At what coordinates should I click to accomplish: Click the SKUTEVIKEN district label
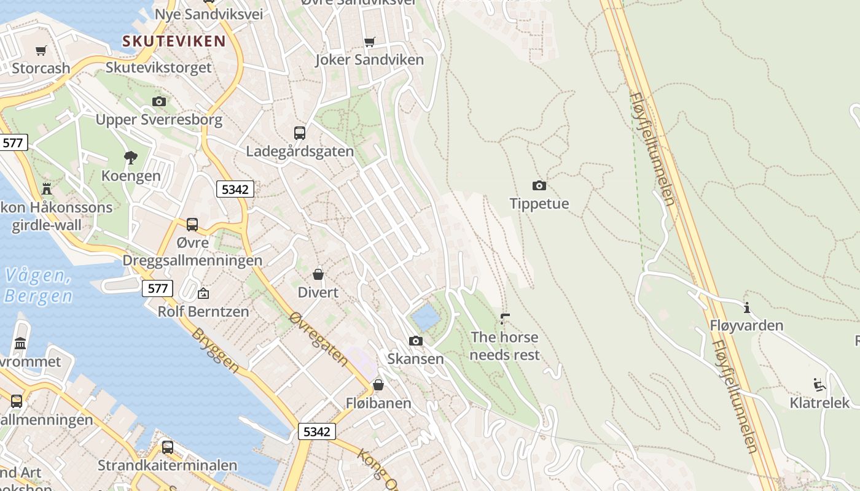tap(174, 41)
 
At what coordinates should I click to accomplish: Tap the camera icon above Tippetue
tap(539, 185)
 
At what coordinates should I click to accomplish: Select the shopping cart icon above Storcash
tap(41, 50)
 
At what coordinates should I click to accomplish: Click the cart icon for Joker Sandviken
tap(369, 42)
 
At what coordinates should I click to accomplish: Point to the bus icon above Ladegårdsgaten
tap(300, 133)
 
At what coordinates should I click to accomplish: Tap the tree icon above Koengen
tap(130, 157)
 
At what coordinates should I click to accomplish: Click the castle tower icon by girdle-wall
tap(47, 188)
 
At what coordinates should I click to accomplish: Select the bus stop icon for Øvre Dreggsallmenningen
tap(192, 225)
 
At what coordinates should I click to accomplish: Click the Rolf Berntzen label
tap(203, 311)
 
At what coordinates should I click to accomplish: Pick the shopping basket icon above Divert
tap(318, 274)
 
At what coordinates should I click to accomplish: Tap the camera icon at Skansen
tap(416, 341)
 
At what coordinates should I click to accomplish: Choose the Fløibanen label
tap(378, 403)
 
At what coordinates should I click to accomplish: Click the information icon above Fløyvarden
tap(747, 307)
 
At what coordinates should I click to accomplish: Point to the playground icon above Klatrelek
tap(819, 385)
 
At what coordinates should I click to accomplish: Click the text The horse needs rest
tap(504, 346)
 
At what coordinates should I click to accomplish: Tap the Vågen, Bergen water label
tap(38, 286)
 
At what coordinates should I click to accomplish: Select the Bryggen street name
tap(215, 350)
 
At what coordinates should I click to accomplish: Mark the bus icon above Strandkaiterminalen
tap(168, 447)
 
